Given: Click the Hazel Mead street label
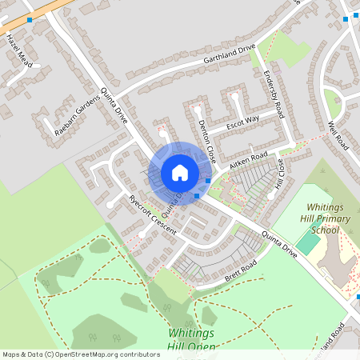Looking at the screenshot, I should pyautogui.click(x=19, y=50).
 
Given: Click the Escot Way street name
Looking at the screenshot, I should pyautogui.click(x=243, y=123).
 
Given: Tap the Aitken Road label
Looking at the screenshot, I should pyautogui.click(x=248, y=160).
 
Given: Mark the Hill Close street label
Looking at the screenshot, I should pyautogui.click(x=280, y=172).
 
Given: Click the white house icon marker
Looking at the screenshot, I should pyautogui.click(x=180, y=173).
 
